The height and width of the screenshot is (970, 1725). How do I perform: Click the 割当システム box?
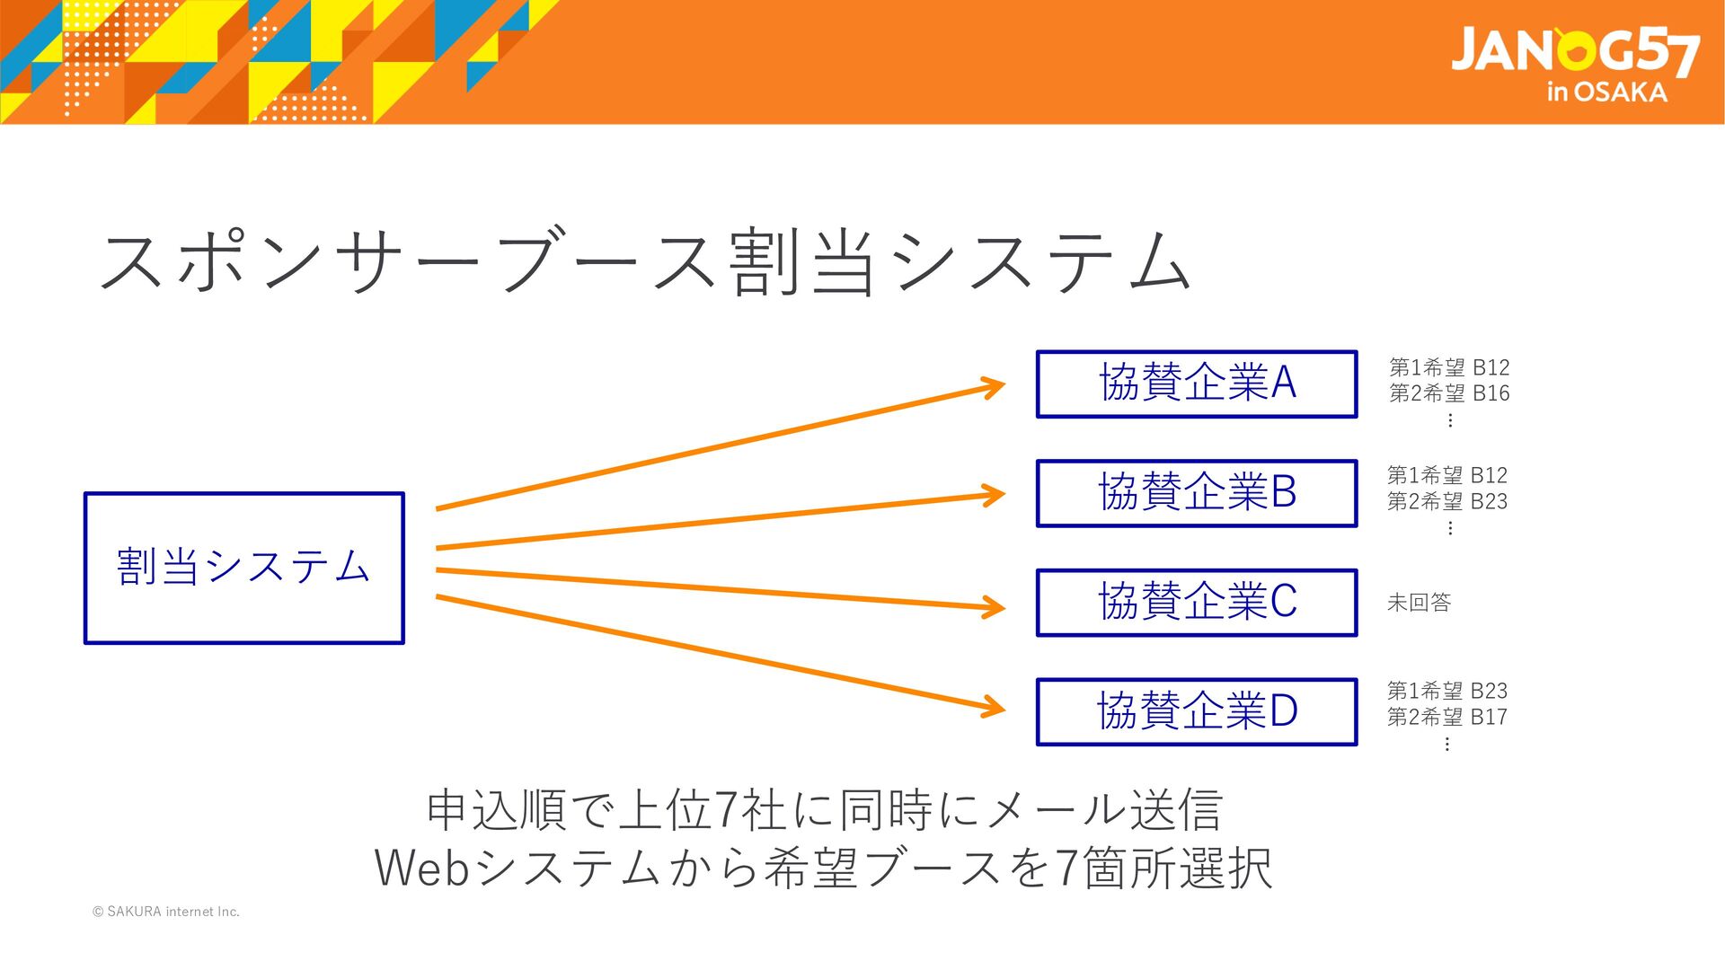click(x=243, y=568)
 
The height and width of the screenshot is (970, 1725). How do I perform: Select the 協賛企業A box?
click(x=1196, y=384)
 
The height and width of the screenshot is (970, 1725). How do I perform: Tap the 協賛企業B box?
click(x=1196, y=493)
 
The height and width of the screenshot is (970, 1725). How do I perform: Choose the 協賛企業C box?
click(x=1196, y=602)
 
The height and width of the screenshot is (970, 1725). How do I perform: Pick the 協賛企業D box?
click(x=1196, y=711)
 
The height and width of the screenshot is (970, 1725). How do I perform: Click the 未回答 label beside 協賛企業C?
click(x=1419, y=603)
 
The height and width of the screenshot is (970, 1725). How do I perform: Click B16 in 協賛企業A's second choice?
click(x=1491, y=393)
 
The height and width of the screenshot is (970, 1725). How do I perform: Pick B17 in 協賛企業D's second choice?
click(x=1489, y=717)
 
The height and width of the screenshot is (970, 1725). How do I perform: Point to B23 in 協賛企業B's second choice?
click(x=1489, y=501)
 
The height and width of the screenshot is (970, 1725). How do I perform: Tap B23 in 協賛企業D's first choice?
click(x=1489, y=691)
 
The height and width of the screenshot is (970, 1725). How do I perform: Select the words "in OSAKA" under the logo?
click(x=1606, y=93)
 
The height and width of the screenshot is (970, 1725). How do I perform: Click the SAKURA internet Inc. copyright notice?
click(x=166, y=912)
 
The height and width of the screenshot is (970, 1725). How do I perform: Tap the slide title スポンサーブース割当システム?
click(x=645, y=262)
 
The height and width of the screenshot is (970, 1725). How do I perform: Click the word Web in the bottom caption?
click(x=421, y=868)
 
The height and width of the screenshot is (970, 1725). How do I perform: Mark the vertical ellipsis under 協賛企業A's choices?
click(x=1449, y=419)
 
